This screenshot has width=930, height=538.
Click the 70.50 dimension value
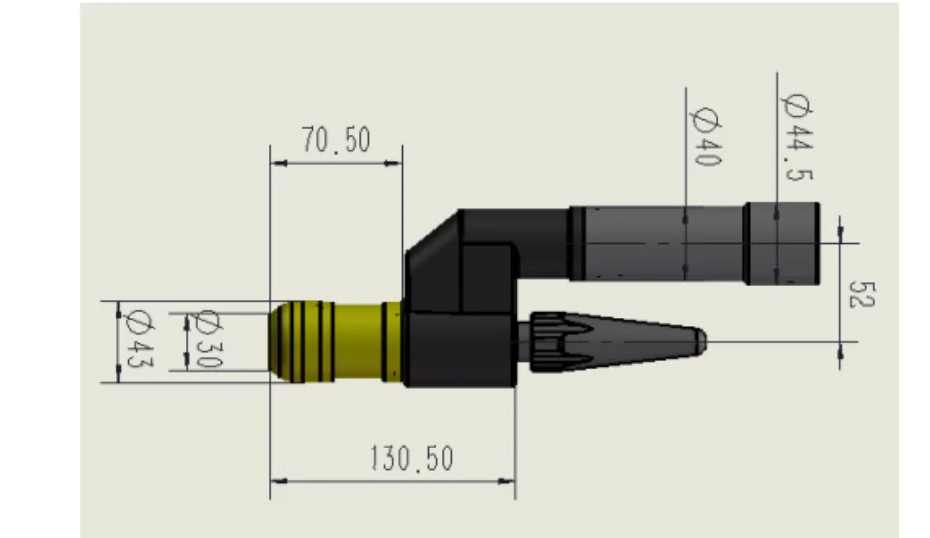(337, 142)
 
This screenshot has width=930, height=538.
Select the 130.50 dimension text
(411, 458)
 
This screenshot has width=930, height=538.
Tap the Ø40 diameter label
(704, 137)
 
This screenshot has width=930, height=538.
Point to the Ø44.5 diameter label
(799, 138)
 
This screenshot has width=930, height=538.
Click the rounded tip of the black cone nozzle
(700, 340)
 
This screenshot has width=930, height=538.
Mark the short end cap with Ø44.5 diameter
(783, 243)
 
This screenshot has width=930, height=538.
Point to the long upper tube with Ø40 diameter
(657, 243)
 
